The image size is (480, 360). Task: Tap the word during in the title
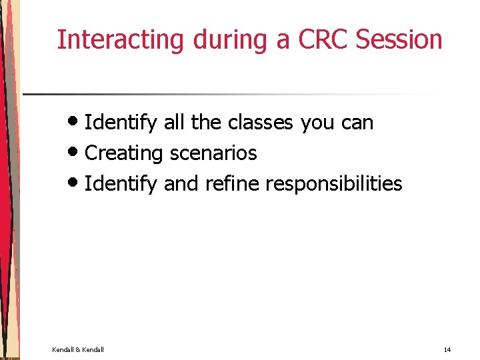pos(231,40)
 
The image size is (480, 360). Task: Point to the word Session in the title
pos(399,40)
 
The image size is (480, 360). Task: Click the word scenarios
pos(213,153)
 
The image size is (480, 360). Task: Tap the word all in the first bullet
pos(174,123)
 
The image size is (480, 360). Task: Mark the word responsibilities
pos(334,184)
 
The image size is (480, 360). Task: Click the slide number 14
pos(447,349)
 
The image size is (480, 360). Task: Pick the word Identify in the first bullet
pos(121,123)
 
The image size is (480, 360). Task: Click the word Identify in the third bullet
pos(121,184)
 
